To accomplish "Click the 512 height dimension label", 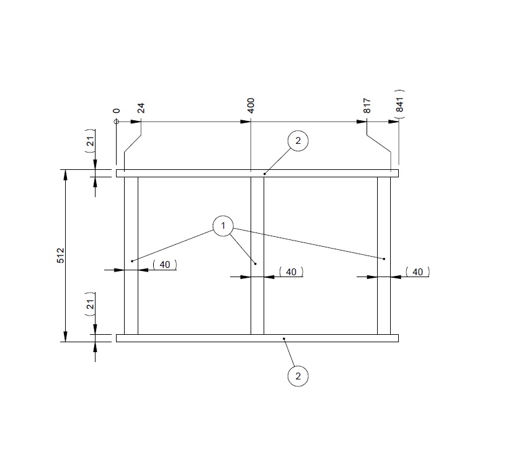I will coord(61,255).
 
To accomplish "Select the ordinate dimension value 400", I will coord(251,105).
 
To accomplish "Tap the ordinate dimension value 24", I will coord(141,108).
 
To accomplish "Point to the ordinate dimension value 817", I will coord(367,105).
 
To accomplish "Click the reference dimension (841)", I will coord(399,103).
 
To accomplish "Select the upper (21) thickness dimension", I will coord(91,144).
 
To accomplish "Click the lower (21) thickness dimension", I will coord(91,304).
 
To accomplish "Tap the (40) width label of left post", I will coord(164,265).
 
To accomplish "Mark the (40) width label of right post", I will coord(417,272).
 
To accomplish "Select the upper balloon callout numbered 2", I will coord(298,141).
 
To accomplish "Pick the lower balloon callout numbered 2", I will coord(298,376).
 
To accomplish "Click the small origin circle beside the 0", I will coord(116,122).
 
